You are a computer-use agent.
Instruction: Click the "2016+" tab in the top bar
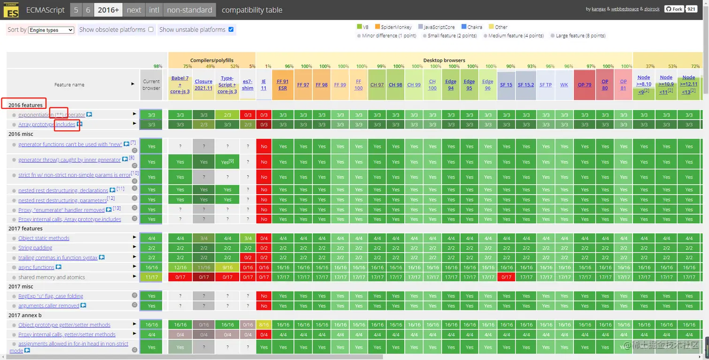click(x=108, y=10)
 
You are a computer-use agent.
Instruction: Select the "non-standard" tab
click(x=189, y=10)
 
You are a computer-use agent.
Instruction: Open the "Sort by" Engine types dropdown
click(x=51, y=30)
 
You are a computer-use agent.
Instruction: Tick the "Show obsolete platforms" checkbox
click(x=151, y=30)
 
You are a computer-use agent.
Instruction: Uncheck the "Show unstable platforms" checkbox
click(x=231, y=30)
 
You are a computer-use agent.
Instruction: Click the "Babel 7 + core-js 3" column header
click(x=180, y=84)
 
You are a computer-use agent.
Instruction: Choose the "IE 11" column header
click(x=264, y=84)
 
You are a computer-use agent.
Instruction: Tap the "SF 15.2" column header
click(x=526, y=85)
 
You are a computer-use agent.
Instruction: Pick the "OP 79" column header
click(x=584, y=85)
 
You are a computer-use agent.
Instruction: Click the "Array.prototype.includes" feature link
click(x=47, y=124)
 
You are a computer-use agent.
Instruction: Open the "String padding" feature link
click(x=35, y=247)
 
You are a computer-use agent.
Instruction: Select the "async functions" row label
click(x=36, y=267)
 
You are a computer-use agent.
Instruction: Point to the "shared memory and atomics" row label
click(x=52, y=277)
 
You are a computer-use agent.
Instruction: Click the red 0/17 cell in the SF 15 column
click(x=506, y=277)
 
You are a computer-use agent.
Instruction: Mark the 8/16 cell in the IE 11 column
click(x=264, y=324)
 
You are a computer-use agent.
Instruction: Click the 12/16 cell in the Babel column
click(x=180, y=267)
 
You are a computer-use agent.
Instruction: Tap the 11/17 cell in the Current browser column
click(x=151, y=277)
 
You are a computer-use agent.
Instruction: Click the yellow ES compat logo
click(x=11, y=10)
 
